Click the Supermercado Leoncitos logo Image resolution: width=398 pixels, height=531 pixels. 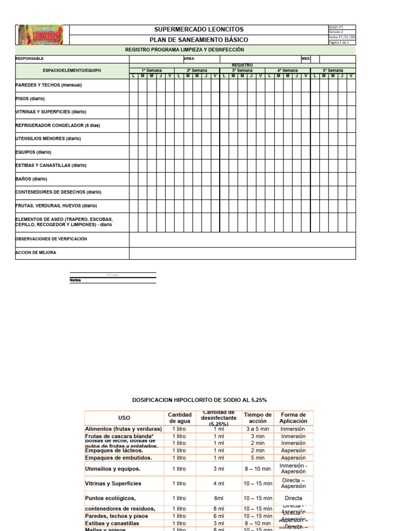(x=40, y=35)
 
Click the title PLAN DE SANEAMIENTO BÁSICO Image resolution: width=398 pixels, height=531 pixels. (x=198, y=40)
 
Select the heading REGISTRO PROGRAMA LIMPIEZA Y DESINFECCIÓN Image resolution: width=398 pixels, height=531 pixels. (x=184, y=50)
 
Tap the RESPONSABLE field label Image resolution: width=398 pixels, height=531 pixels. (x=30, y=59)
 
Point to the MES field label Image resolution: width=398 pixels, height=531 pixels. (x=306, y=59)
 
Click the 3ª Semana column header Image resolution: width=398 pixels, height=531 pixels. (x=242, y=70)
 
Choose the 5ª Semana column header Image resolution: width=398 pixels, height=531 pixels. (x=333, y=70)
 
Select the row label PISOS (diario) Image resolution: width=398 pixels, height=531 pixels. (x=30, y=99)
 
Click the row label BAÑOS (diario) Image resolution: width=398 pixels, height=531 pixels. (x=32, y=179)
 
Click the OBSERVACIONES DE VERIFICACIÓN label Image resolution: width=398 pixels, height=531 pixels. (x=51, y=239)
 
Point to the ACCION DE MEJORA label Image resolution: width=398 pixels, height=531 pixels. (x=36, y=253)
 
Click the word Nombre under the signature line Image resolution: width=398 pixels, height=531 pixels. (x=75, y=281)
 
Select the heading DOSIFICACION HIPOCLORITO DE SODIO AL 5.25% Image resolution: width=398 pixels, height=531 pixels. (x=199, y=400)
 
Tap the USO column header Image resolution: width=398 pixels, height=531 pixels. (x=124, y=418)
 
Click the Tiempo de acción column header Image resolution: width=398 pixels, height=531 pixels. (x=257, y=418)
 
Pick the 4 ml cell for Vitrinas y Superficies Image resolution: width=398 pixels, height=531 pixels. (x=218, y=483)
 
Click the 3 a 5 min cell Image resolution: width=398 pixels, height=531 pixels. (x=257, y=429)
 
